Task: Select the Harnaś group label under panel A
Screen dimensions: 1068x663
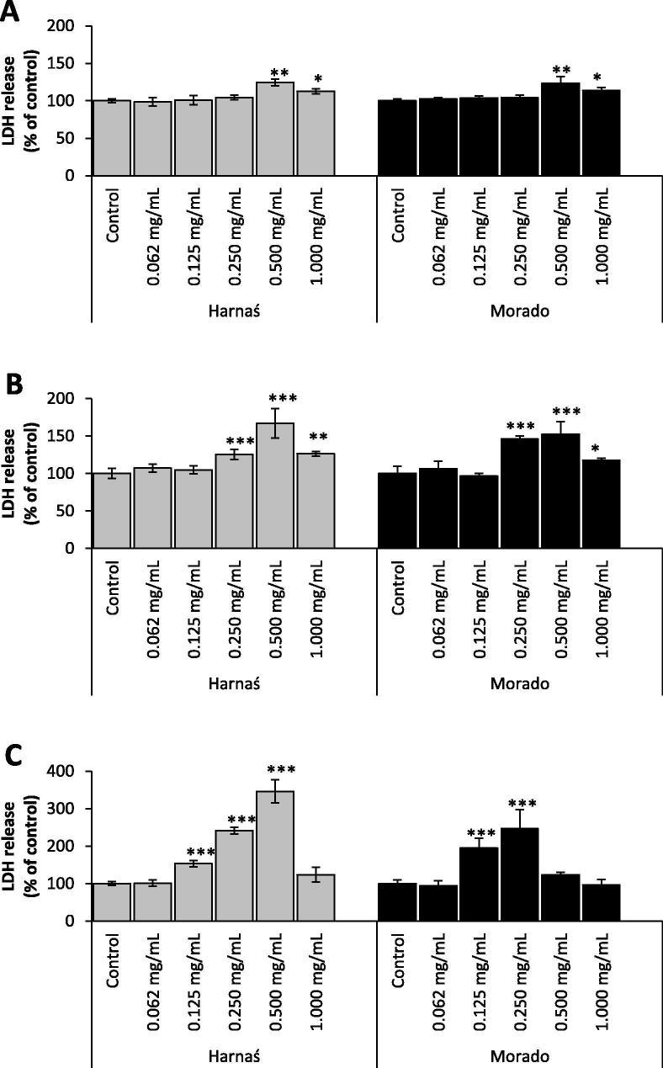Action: [233, 311]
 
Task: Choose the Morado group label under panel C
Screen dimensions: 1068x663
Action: [519, 1055]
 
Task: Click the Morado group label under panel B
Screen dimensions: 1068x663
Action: [519, 683]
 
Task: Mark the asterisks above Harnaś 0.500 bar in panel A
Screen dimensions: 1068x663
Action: [273, 73]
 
